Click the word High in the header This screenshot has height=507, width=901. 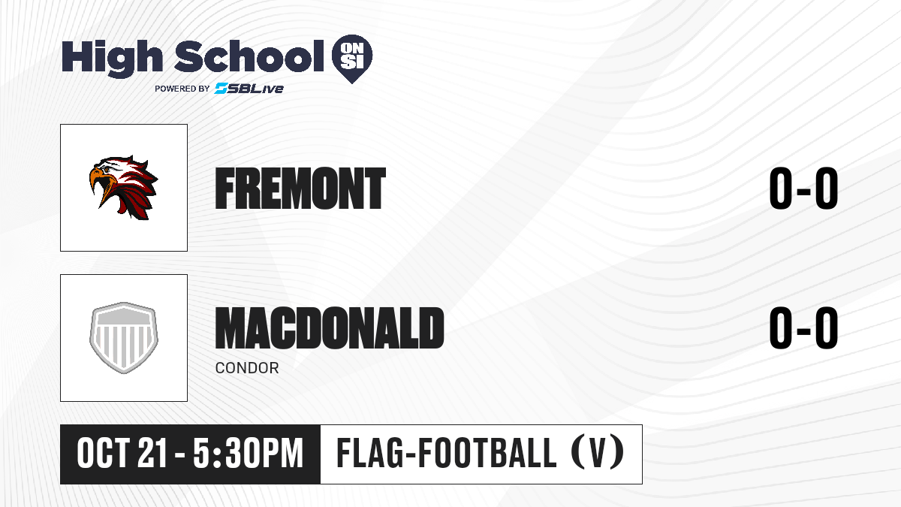pyautogui.click(x=112, y=58)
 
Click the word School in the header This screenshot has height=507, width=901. pyautogui.click(x=249, y=56)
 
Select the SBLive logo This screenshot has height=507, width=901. pyautogui.click(x=249, y=89)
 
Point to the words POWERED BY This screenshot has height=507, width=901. pyautogui.click(x=182, y=89)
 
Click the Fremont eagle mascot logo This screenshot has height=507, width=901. pyautogui.click(x=123, y=188)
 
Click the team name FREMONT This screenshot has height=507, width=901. pyautogui.click(x=300, y=188)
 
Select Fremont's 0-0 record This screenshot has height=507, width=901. pyautogui.click(x=803, y=188)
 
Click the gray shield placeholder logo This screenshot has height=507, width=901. pyautogui.click(x=123, y=338)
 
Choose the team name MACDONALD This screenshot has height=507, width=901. pyautogui.click(x=330, y=327)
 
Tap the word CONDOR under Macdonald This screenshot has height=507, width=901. pyautogui.click(x=247, y=368)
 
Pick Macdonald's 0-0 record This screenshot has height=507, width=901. pyautogui.click(x=803, y=327)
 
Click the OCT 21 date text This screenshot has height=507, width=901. pyautogui.click(x=122, y=454)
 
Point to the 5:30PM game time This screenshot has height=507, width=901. pyautogui.click(x=248, y=454)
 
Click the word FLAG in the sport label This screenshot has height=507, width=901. pyautogui.click(x=369, y=454)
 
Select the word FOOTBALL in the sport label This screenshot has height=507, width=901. pyautogui.click(x=488, y=454)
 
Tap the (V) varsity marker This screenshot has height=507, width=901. pyautogui.click(x=598, y=454)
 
